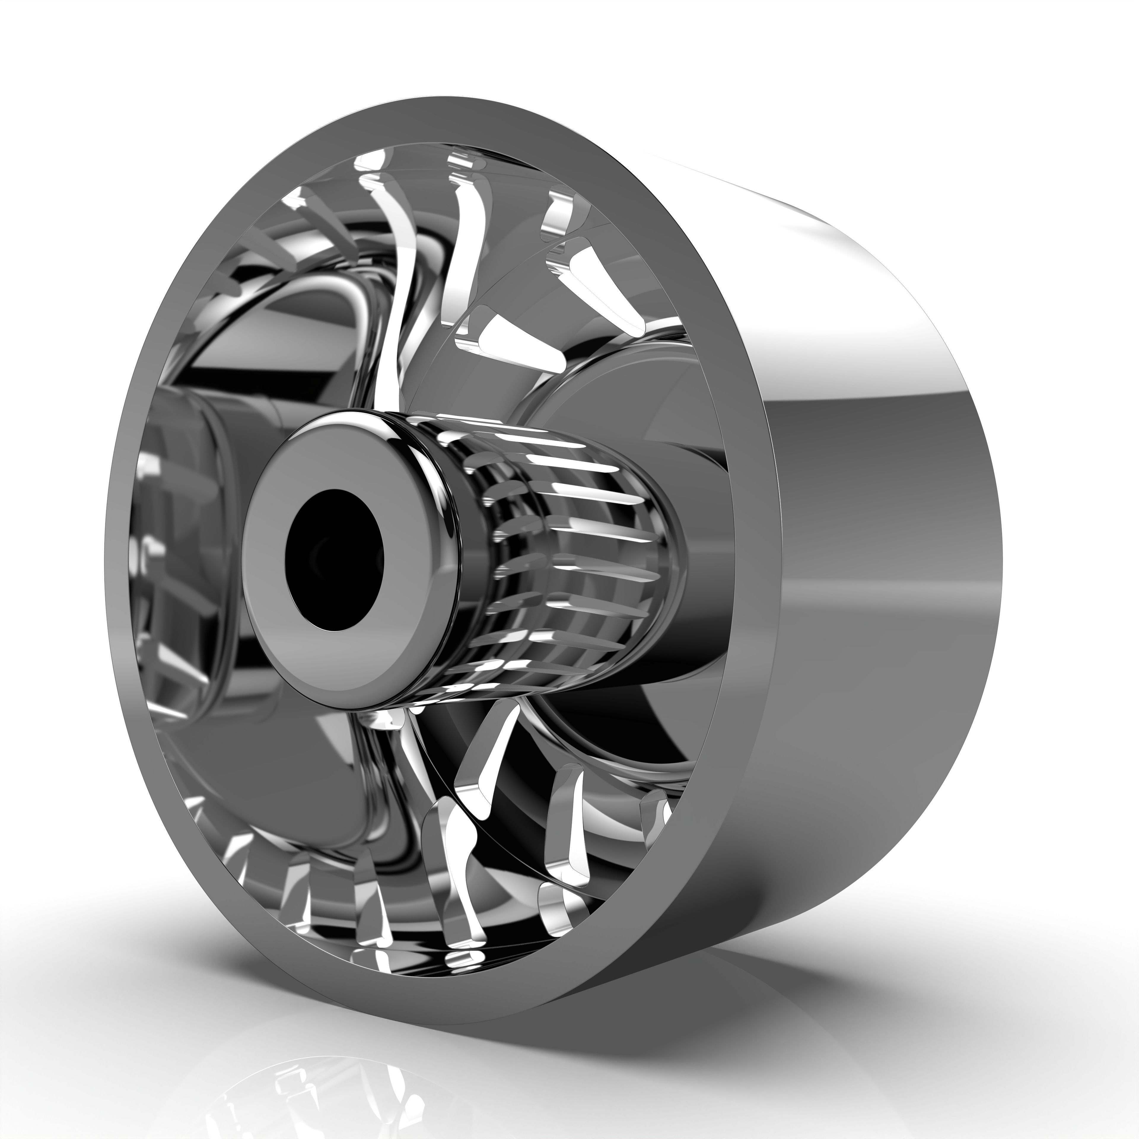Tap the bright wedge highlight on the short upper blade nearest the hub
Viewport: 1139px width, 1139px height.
(x=501, y=336)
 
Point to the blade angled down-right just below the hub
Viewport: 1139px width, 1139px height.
(x=483, y=761)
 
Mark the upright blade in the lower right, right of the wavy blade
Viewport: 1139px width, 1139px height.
(x=566, y=825)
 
